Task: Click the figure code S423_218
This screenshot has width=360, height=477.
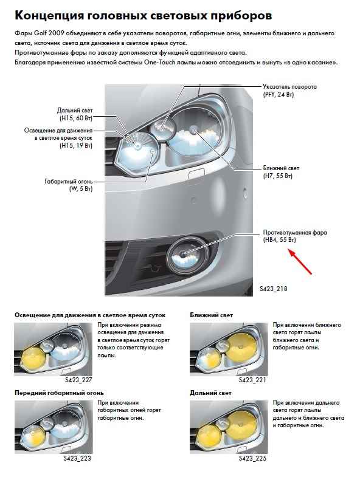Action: pos(274,289)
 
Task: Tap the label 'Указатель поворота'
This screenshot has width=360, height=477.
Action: pos(289,87)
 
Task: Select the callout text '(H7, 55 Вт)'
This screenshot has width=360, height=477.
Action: pos(278,176)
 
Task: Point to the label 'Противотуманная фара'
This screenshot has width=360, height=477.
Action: pos(295,232)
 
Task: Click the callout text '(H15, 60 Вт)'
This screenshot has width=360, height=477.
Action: pos(76,118)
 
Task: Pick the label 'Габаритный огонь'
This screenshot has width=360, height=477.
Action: pos(69,182)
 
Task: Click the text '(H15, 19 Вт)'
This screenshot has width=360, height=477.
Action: pos(76,145)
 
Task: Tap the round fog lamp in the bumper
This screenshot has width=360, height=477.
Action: pos(187,254)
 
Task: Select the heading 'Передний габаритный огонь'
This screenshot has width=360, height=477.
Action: pos(59,393)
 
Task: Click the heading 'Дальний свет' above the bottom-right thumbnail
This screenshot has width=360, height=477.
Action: pos(210,393)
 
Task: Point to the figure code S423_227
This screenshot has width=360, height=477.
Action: pos(78,380)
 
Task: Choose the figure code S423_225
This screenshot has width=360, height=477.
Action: pos(252,458)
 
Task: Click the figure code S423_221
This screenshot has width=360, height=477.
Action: pos(252,380)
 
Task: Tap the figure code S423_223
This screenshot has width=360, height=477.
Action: pos(77,458)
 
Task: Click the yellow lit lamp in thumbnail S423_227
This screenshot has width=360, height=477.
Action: pos(34,358)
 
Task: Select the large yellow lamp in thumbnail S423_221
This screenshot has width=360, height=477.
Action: pos(242,346)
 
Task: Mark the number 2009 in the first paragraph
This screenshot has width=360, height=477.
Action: pos(56,33)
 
